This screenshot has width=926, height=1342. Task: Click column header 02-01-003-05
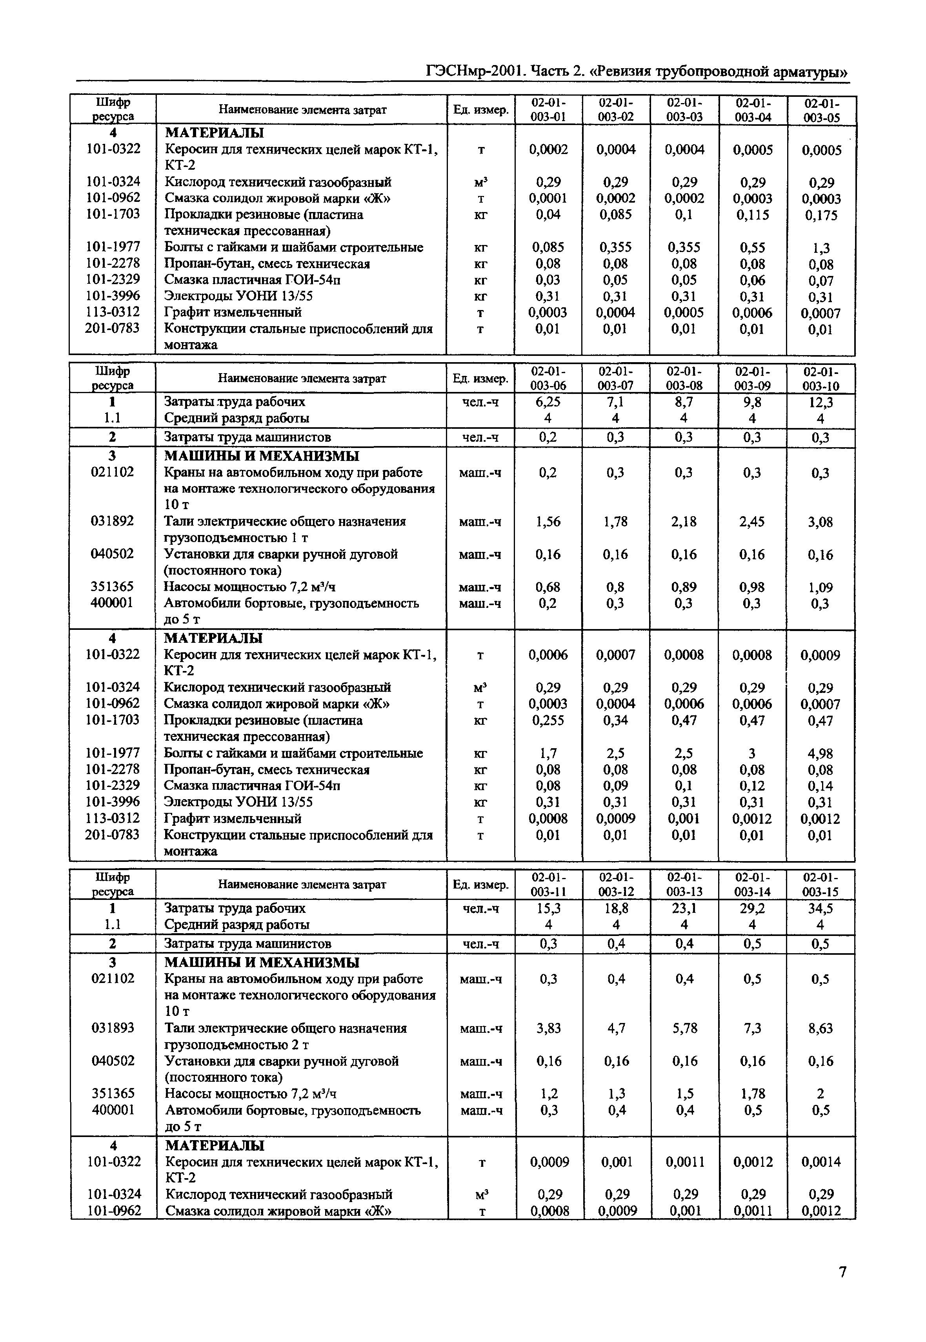tap(822, 110)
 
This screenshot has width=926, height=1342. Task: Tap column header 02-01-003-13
tap(685, 885)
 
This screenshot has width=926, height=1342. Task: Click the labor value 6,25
tap(548, 402)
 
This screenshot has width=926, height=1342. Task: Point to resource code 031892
tap(112, 521)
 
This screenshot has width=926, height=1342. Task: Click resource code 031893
tap(113, 1028)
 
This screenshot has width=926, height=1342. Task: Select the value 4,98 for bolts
tap(820, 754)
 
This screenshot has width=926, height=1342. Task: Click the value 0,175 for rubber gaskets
tap(821, 215)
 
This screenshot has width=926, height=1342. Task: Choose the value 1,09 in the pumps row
tap(820, 587)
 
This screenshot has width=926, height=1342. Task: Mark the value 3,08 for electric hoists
tap(820, 522)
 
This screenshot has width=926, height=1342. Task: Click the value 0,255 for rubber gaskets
tap(548, 720)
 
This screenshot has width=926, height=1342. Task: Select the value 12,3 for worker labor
tap(820, 402)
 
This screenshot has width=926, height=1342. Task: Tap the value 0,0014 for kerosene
tap(820, 1162)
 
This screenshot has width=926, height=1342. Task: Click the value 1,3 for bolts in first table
tap(821, 248)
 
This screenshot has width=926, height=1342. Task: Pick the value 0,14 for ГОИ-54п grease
tap(820, 786)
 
